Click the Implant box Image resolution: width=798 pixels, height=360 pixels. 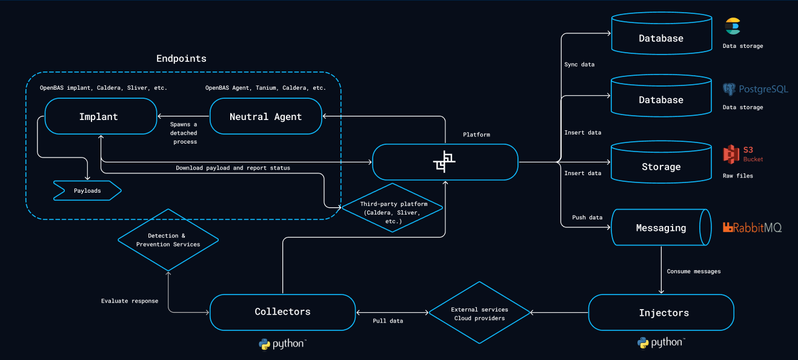point(98,116)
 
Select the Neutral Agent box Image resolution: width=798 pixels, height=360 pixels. point(265,116)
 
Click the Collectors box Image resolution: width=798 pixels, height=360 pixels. point(282,312)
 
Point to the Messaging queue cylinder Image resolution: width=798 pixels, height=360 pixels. point(661,228)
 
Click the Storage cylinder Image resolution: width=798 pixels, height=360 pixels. point(661,167)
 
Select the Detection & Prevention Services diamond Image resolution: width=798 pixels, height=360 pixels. point(168,240)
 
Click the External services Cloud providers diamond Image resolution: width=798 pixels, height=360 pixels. point(479,313)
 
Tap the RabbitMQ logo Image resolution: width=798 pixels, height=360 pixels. point(752,228)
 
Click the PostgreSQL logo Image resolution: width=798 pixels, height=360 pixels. point(755,90)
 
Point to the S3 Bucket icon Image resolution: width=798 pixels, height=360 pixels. point(742,155)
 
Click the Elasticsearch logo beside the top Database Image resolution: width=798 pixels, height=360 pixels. point(733,27)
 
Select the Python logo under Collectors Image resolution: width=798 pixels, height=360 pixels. point(282,344)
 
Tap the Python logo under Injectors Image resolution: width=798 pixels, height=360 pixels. point(660,342)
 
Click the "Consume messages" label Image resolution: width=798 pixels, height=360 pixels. point(693,272)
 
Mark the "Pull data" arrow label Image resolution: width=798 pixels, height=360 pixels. point(388,321)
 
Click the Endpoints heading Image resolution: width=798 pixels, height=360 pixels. point(181,59)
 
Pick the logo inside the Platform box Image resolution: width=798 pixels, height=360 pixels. point(444,161)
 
